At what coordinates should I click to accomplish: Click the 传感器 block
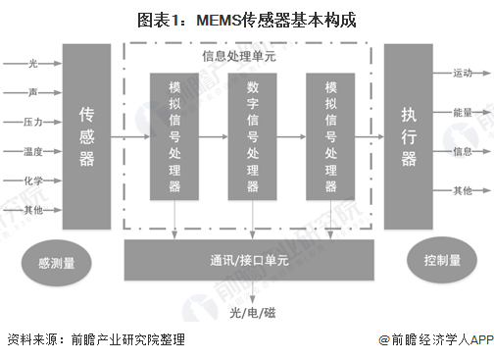point(86,136)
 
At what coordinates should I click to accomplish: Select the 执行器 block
point(409,136)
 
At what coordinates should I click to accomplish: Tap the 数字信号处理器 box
point(253,136)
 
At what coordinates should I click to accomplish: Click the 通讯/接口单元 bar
point(249,260)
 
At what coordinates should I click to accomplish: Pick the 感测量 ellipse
point(57,263)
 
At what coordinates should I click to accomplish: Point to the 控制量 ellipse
point(442,260)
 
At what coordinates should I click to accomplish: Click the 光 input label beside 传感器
point(32,64)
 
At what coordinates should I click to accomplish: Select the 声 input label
point(32,92)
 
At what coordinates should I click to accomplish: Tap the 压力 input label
point(33,122)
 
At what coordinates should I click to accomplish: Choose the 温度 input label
point(33,151)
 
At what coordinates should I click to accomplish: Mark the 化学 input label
point(33,180)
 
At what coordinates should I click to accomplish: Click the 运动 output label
point(463,74)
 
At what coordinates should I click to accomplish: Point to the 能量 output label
point(463,113)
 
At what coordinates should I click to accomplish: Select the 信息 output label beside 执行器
point(463,151)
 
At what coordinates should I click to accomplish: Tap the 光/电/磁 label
point(253,313)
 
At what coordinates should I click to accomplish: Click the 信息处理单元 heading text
point(239,56)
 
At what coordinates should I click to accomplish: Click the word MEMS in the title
point(219,21)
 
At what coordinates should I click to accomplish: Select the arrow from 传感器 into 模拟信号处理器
point(130,136)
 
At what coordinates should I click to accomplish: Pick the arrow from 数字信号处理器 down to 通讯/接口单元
point(253,220)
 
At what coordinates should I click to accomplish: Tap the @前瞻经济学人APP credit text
point(436,340)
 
